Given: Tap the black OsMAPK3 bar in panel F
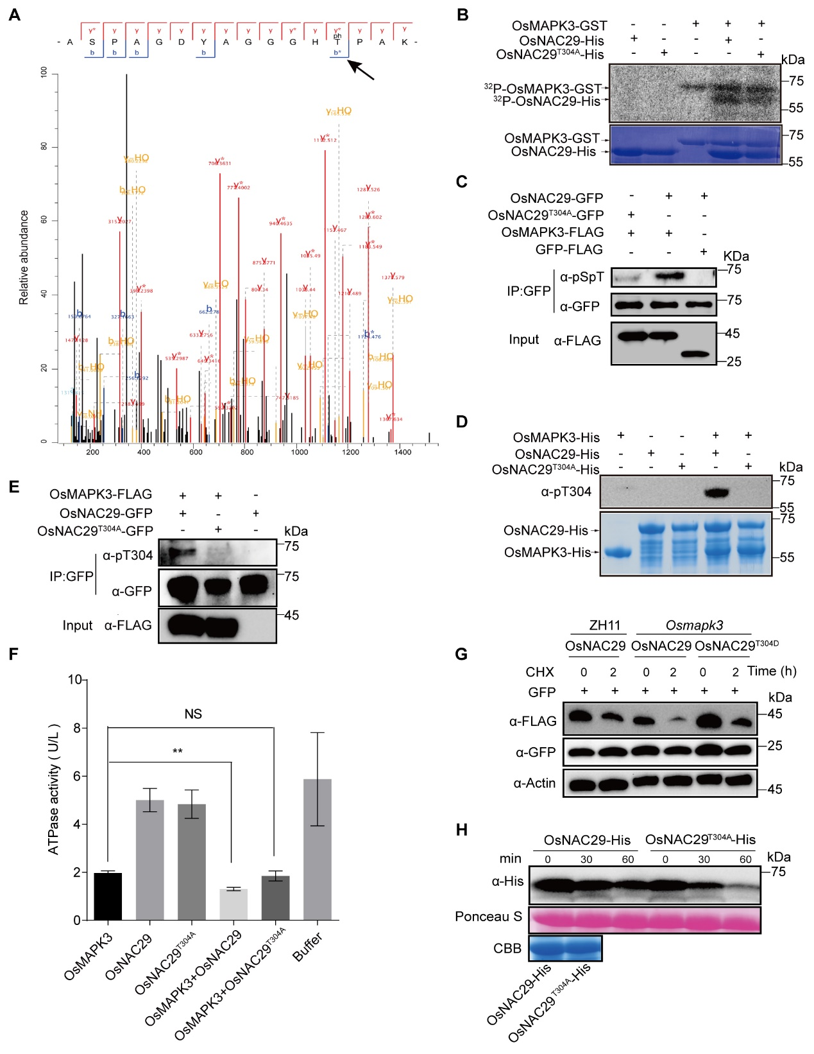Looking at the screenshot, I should click(x=108, y=896).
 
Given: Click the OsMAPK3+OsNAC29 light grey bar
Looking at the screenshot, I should click(x=233, y=904).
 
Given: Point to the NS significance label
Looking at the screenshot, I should click(x=193, y=714).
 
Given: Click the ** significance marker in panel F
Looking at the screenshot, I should click(x=178, y=752).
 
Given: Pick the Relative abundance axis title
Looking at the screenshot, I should click(x=24, y=257).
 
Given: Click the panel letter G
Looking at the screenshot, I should click(x=461, y=654).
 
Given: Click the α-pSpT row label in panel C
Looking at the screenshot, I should click(x=582, y=277).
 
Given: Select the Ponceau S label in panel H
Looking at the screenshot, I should click(x=488, y=917).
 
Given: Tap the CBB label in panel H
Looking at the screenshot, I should click(x=507, y=948).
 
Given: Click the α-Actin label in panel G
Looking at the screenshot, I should click(x=534, y=783).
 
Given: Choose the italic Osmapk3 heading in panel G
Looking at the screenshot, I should click(x=694, y=625).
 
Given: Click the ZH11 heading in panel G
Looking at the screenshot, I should click(x=604, y=625).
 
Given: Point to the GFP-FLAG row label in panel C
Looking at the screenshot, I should click(x=569, y=250).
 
